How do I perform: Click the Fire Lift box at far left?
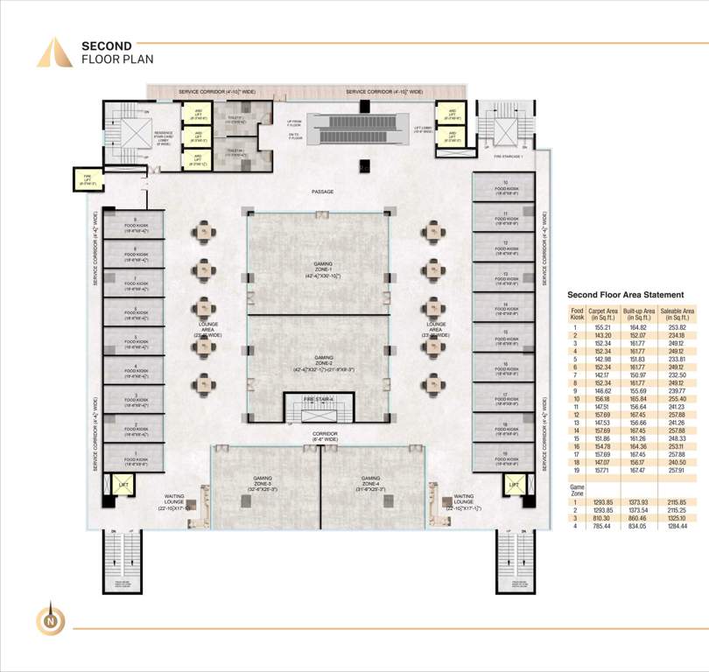click(x=89, y=180)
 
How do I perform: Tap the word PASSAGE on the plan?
click(x=321, y=192)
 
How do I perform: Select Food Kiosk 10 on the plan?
click(x=506, y=186)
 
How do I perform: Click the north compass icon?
click(x=50, y=619)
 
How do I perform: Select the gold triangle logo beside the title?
click(x=54, y=52)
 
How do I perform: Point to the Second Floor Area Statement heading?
click(x=625, y=296)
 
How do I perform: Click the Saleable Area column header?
click(x=677, y=314)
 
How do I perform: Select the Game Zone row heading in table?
click(x=578, y=487)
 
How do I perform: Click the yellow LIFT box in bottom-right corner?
click(x=514, y=484)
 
